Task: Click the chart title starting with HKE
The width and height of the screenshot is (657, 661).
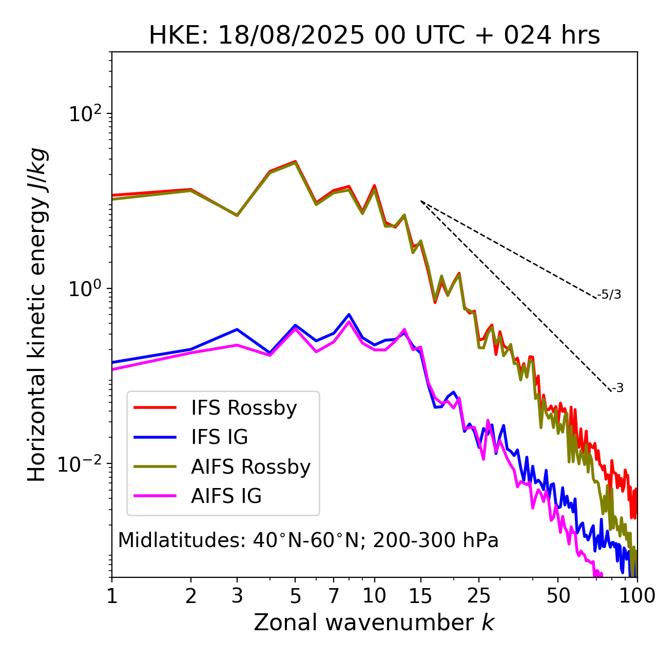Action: coord(374,35)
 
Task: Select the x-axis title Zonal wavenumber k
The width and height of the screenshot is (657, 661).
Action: coord(374,622)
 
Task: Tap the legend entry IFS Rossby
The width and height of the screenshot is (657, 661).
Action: coord(244,408)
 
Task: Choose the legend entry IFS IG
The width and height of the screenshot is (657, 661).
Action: coord(219,437)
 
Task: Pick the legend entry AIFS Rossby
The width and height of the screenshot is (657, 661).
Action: coord(250,467)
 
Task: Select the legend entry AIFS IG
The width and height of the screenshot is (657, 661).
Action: coord(226,496)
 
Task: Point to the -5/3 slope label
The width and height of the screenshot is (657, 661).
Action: coord(609,295)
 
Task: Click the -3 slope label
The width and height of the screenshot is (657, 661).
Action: coord(617,388)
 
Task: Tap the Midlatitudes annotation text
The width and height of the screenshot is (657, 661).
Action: coord(308,540)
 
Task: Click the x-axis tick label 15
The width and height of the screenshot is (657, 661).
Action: coord(420,596)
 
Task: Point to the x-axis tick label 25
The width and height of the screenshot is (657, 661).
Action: coord(479,596)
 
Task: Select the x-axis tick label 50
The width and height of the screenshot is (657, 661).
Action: coord(558,596)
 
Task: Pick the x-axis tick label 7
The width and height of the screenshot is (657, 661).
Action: coord(334,596)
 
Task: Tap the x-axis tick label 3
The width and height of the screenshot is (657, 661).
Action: coord(237,596)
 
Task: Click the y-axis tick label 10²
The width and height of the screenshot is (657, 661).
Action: coord(85,113)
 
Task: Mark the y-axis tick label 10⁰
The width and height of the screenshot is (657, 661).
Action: coord(85,288)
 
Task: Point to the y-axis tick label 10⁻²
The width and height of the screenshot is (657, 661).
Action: coord(82,463)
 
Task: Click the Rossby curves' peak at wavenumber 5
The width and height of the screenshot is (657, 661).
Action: coord(295,162)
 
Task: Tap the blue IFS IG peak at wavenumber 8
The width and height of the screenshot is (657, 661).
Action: coord(349,314)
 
